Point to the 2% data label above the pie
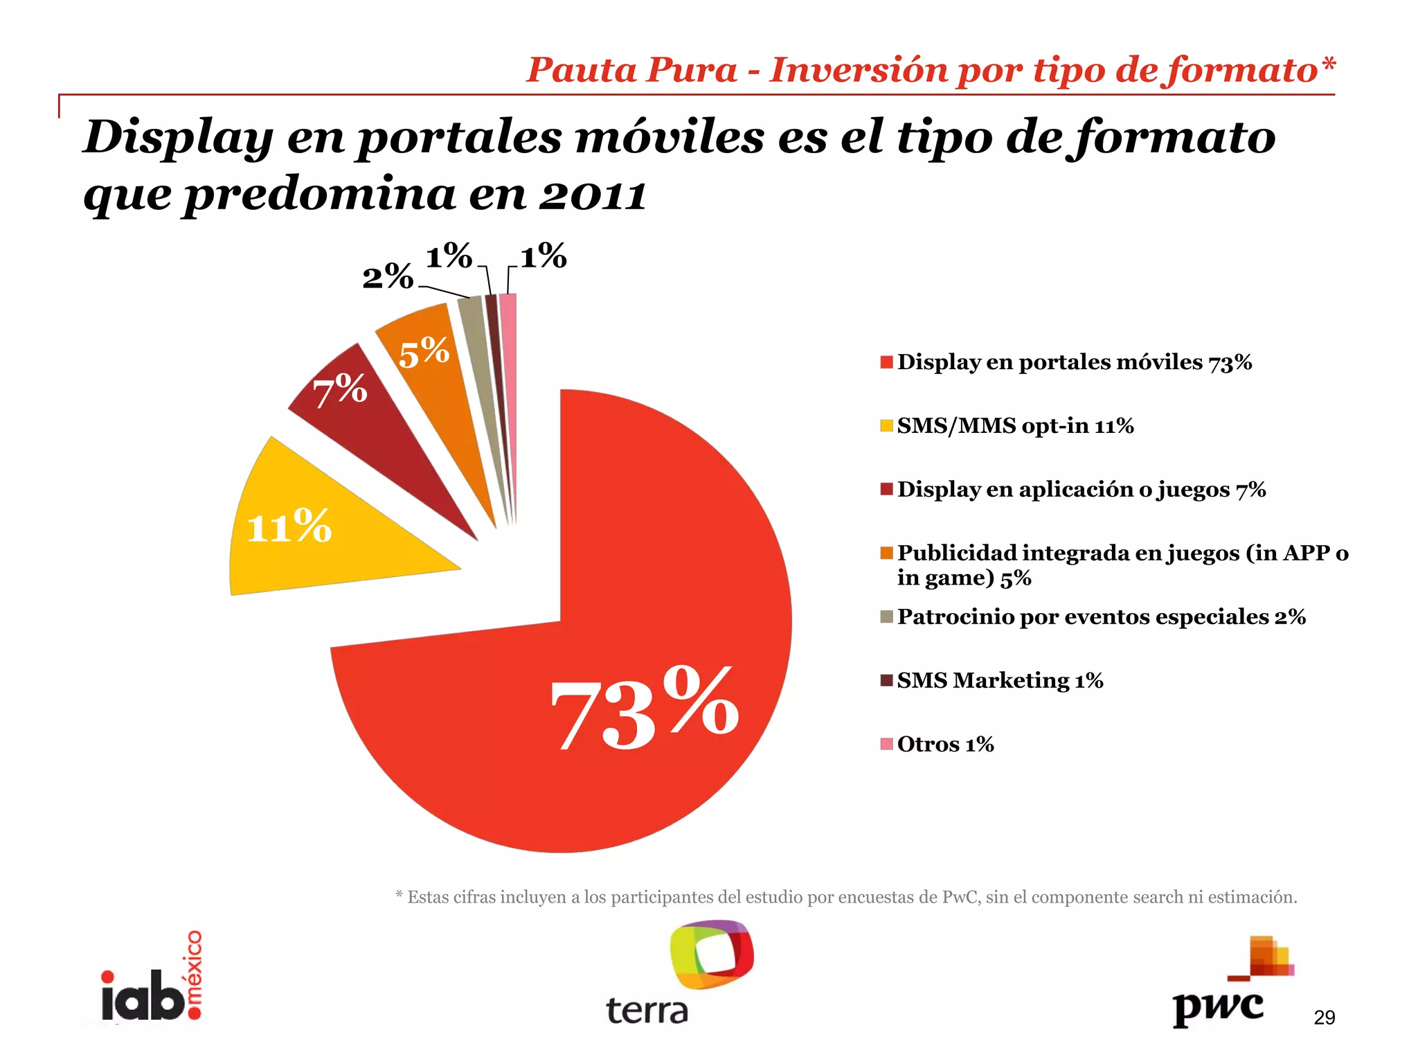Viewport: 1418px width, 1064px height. [388, 278]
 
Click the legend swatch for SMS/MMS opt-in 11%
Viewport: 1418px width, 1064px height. [886, 426]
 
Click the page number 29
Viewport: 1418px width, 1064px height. [1324, 1018]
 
